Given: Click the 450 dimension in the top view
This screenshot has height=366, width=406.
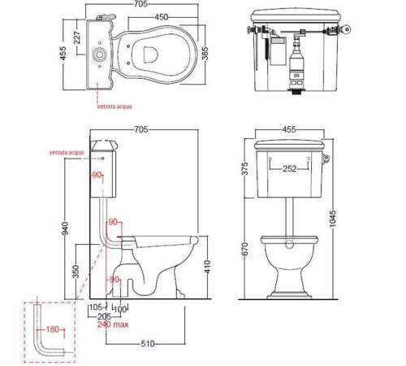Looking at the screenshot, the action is pyautogui.click(x=162, y=17).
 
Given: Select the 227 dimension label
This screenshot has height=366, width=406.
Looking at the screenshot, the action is pyautogui.click(x=77, y=37).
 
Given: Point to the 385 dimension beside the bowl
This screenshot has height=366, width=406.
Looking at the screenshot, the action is pyautogui.click(x=205, y=54).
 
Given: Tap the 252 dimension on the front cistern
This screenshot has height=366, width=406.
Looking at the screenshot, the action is pyautogui.click(x=289, y=168).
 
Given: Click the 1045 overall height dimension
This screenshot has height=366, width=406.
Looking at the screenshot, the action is pyautogui.click(x=332, y=218).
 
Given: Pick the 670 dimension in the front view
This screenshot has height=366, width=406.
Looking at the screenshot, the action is pyautogui.click(x=244, y=249).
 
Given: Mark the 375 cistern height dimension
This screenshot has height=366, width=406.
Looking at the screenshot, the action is pyautogui.click(x=244, y=168).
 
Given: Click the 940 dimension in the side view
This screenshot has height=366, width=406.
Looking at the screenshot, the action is pyautogui.click(x=65, y=229).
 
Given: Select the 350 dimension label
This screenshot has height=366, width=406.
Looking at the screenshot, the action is pyautogui.click(x=76, y=272).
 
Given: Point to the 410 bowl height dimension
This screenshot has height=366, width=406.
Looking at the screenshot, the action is pyautogui.click(x=207, y=267).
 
